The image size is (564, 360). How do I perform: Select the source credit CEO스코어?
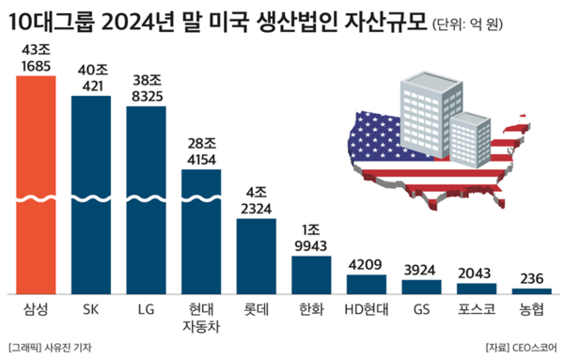pyautogui.click(x=531, y=347)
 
